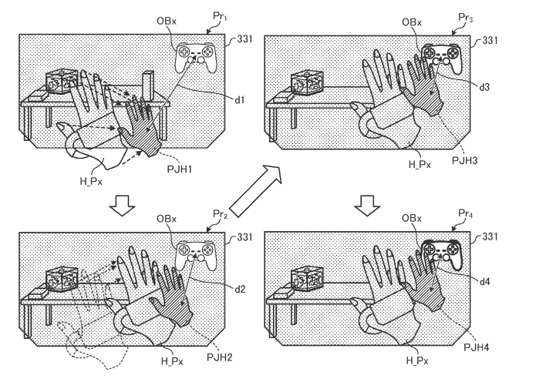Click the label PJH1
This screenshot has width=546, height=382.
(x=180, y=169)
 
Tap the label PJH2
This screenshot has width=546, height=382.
(x=219, y=357)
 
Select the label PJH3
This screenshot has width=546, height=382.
(x=464, y=160)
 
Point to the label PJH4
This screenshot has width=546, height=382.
(x=477, y=347)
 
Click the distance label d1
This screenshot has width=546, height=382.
(x=239, y=100)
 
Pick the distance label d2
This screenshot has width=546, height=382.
(x=240, y=288)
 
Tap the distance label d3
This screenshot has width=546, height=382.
(x=484, y=86)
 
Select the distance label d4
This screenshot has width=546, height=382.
(x=485, y=281)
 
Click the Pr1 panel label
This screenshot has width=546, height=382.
(x=220, y=16)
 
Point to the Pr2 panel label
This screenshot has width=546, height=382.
(x=220, y=214)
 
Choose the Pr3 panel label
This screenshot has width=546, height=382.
(x=466, y=18)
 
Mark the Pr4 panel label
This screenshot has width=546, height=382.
(x=466, y=213)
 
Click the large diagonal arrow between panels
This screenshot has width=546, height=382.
(x=255, y=191)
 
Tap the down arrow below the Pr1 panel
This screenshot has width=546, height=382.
(x=122, y=206)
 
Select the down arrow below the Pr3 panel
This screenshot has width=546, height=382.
(x=367, y=206)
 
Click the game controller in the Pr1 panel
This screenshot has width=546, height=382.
(x=195, y=58)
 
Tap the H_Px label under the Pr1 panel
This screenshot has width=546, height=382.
(x=91, y=181)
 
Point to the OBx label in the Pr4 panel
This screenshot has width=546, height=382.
(x=412, y=218)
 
